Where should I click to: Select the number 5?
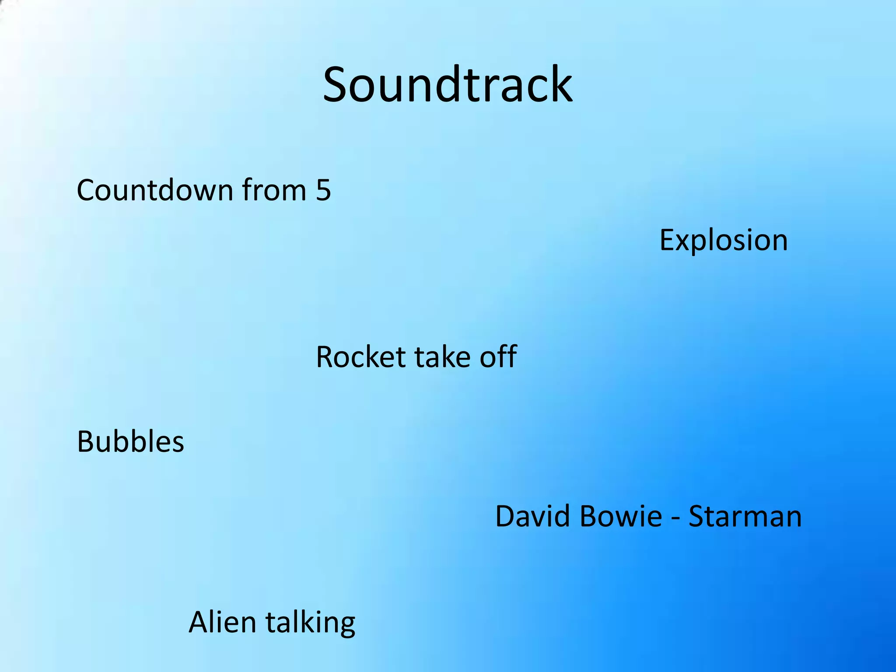coord(323,190)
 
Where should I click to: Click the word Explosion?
coord(723,240)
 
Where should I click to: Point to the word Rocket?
coord(361,357)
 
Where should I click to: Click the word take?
coord(442,357)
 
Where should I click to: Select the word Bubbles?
coord(130,441)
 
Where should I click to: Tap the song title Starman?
coord(745,516)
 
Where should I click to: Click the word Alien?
coord(222,623)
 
